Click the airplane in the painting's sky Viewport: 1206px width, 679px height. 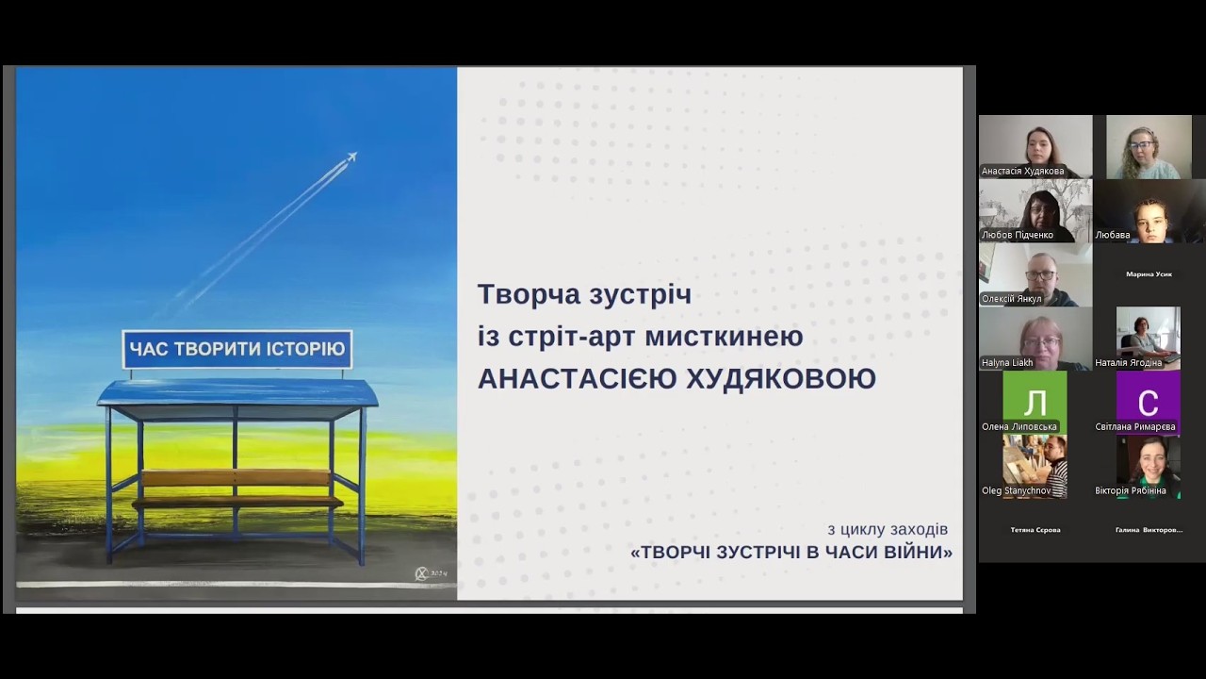pos(350,157)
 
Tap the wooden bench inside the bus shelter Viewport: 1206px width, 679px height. pos(236,479)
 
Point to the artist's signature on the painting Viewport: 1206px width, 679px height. pos(431,573)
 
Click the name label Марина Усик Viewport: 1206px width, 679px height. pos(1149,274)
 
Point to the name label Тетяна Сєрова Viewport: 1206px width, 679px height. pos(1035,530)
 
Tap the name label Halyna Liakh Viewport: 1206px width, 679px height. pos(1007,362)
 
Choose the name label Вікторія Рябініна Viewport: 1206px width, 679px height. pos(1131,490)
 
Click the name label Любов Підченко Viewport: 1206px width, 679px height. pos(1017,235)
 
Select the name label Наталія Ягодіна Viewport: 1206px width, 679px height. pos(1128,362)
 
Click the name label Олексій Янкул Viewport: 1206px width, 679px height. pos(1011,299)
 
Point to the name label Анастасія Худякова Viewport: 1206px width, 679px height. pos(1022,171)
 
